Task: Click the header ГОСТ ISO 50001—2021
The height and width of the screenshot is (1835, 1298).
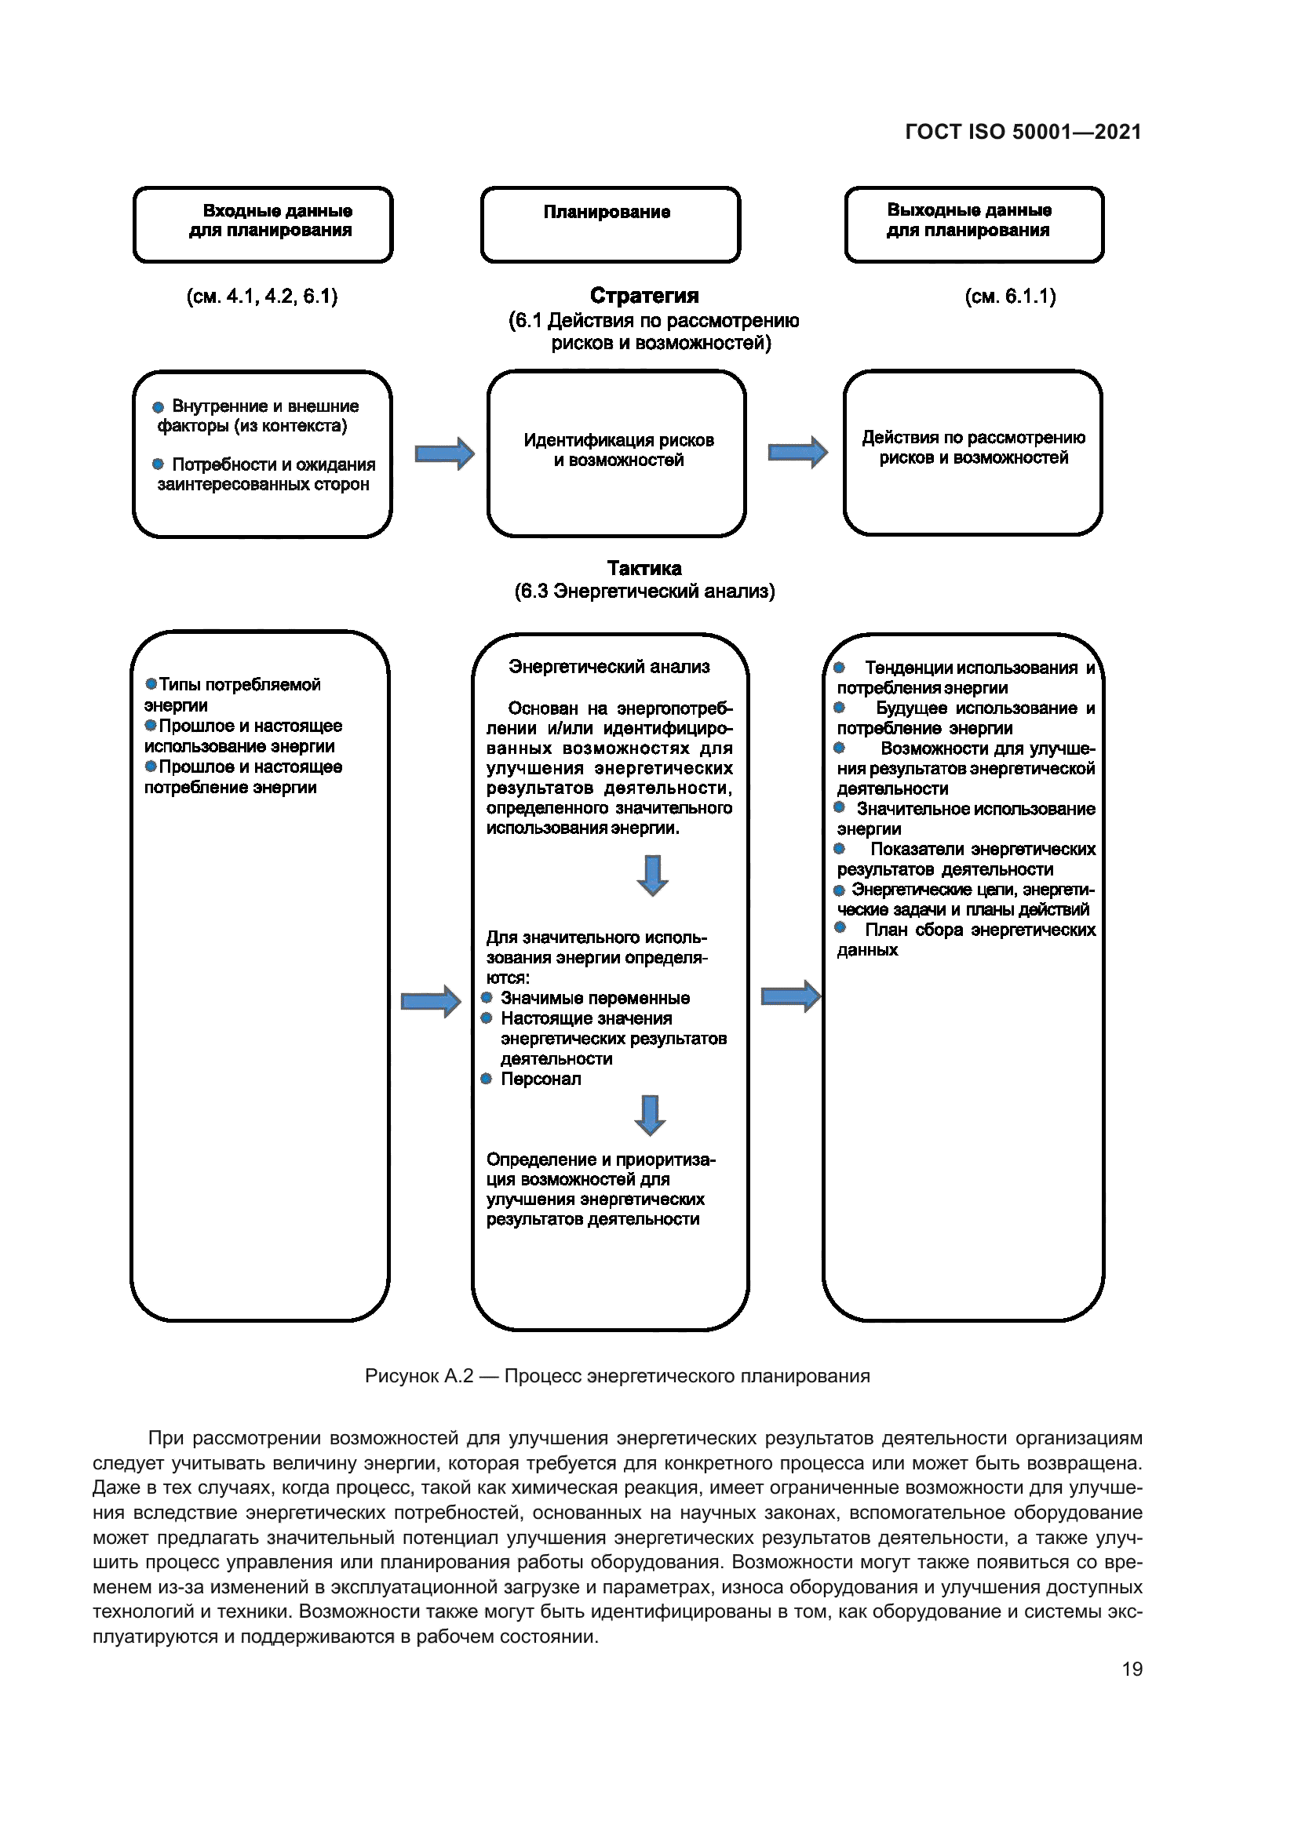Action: [x=1023, y=132]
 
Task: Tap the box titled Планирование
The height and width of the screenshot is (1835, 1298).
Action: [x=610, y=224]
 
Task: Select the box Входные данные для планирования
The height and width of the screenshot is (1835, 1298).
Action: [x=263, y=224]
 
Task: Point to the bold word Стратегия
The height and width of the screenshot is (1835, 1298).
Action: [x=644, y=296]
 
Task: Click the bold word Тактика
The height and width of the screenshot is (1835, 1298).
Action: [x=644, y=568]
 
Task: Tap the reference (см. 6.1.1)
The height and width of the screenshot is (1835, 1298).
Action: [x=1010, y=297]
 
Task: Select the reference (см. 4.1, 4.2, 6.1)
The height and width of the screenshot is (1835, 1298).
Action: [x=262, y=297]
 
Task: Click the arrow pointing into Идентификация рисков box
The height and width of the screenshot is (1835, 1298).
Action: [x=444, y=453]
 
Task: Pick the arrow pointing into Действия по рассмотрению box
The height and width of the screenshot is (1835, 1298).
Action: [x=797, y=453]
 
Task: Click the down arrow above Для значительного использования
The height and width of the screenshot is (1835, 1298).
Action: [x=652, y=876]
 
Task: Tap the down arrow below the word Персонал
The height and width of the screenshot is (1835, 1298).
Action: [x=650, y=1115]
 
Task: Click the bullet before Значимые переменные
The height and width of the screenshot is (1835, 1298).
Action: [x=486, y=997]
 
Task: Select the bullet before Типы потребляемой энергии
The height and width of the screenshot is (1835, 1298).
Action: [x=151, y=684]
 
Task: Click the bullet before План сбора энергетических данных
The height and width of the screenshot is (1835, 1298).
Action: [x=840, y=927]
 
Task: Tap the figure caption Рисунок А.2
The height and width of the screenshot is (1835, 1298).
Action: [x=617, y=1376]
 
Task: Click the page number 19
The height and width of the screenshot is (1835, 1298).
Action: [x=1132, y=1669]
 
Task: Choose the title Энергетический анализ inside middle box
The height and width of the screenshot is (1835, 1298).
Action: [x=609, y=667]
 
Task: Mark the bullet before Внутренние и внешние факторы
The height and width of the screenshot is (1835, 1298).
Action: [x=159, y=407]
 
